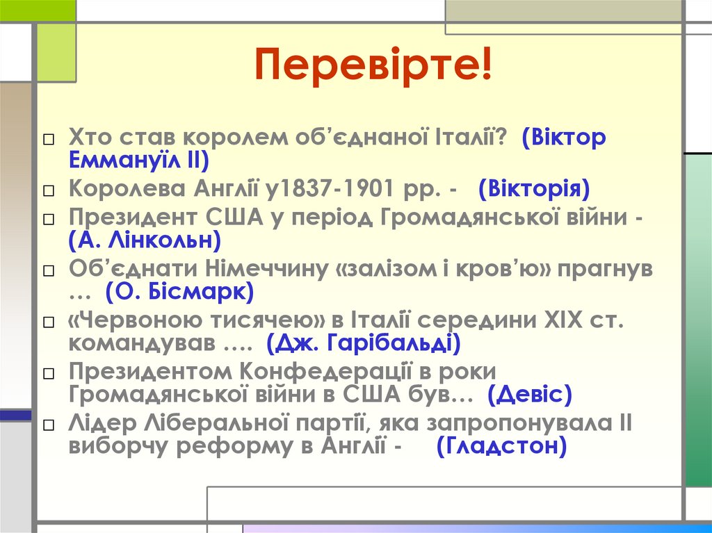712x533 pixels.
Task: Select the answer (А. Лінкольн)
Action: (x=145, y=240)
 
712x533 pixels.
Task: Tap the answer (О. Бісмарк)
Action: (x=179, y=292)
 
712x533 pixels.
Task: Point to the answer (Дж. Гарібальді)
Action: (x=363, y=343)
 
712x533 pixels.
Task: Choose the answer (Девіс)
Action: (x=530, y=395)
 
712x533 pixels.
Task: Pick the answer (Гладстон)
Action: (x=501, y=446)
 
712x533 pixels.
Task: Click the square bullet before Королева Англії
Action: (x=47, y=190)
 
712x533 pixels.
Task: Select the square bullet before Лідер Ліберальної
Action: (x=47, y=425)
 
